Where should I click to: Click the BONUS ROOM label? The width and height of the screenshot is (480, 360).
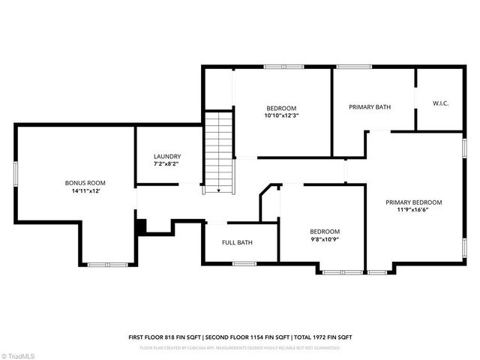pos(85,182)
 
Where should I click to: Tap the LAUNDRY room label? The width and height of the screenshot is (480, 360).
pos(166,155)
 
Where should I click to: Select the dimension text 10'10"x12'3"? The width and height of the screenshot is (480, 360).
pos(281,115)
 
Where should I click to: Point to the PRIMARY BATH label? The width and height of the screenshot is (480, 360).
pos(370,107)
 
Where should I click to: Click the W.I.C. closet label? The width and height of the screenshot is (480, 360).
pos(440,103)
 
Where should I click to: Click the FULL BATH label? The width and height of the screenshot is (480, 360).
pos(237,242)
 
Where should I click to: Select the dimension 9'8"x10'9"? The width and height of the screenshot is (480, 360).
pos(325,239)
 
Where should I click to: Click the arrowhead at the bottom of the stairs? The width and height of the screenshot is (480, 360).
pos(218,191)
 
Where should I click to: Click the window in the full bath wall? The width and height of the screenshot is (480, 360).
pos(244,263)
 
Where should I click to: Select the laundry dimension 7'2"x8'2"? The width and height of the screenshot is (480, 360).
pos(166,163)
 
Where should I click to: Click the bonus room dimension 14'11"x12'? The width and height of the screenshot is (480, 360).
pos(85,190)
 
